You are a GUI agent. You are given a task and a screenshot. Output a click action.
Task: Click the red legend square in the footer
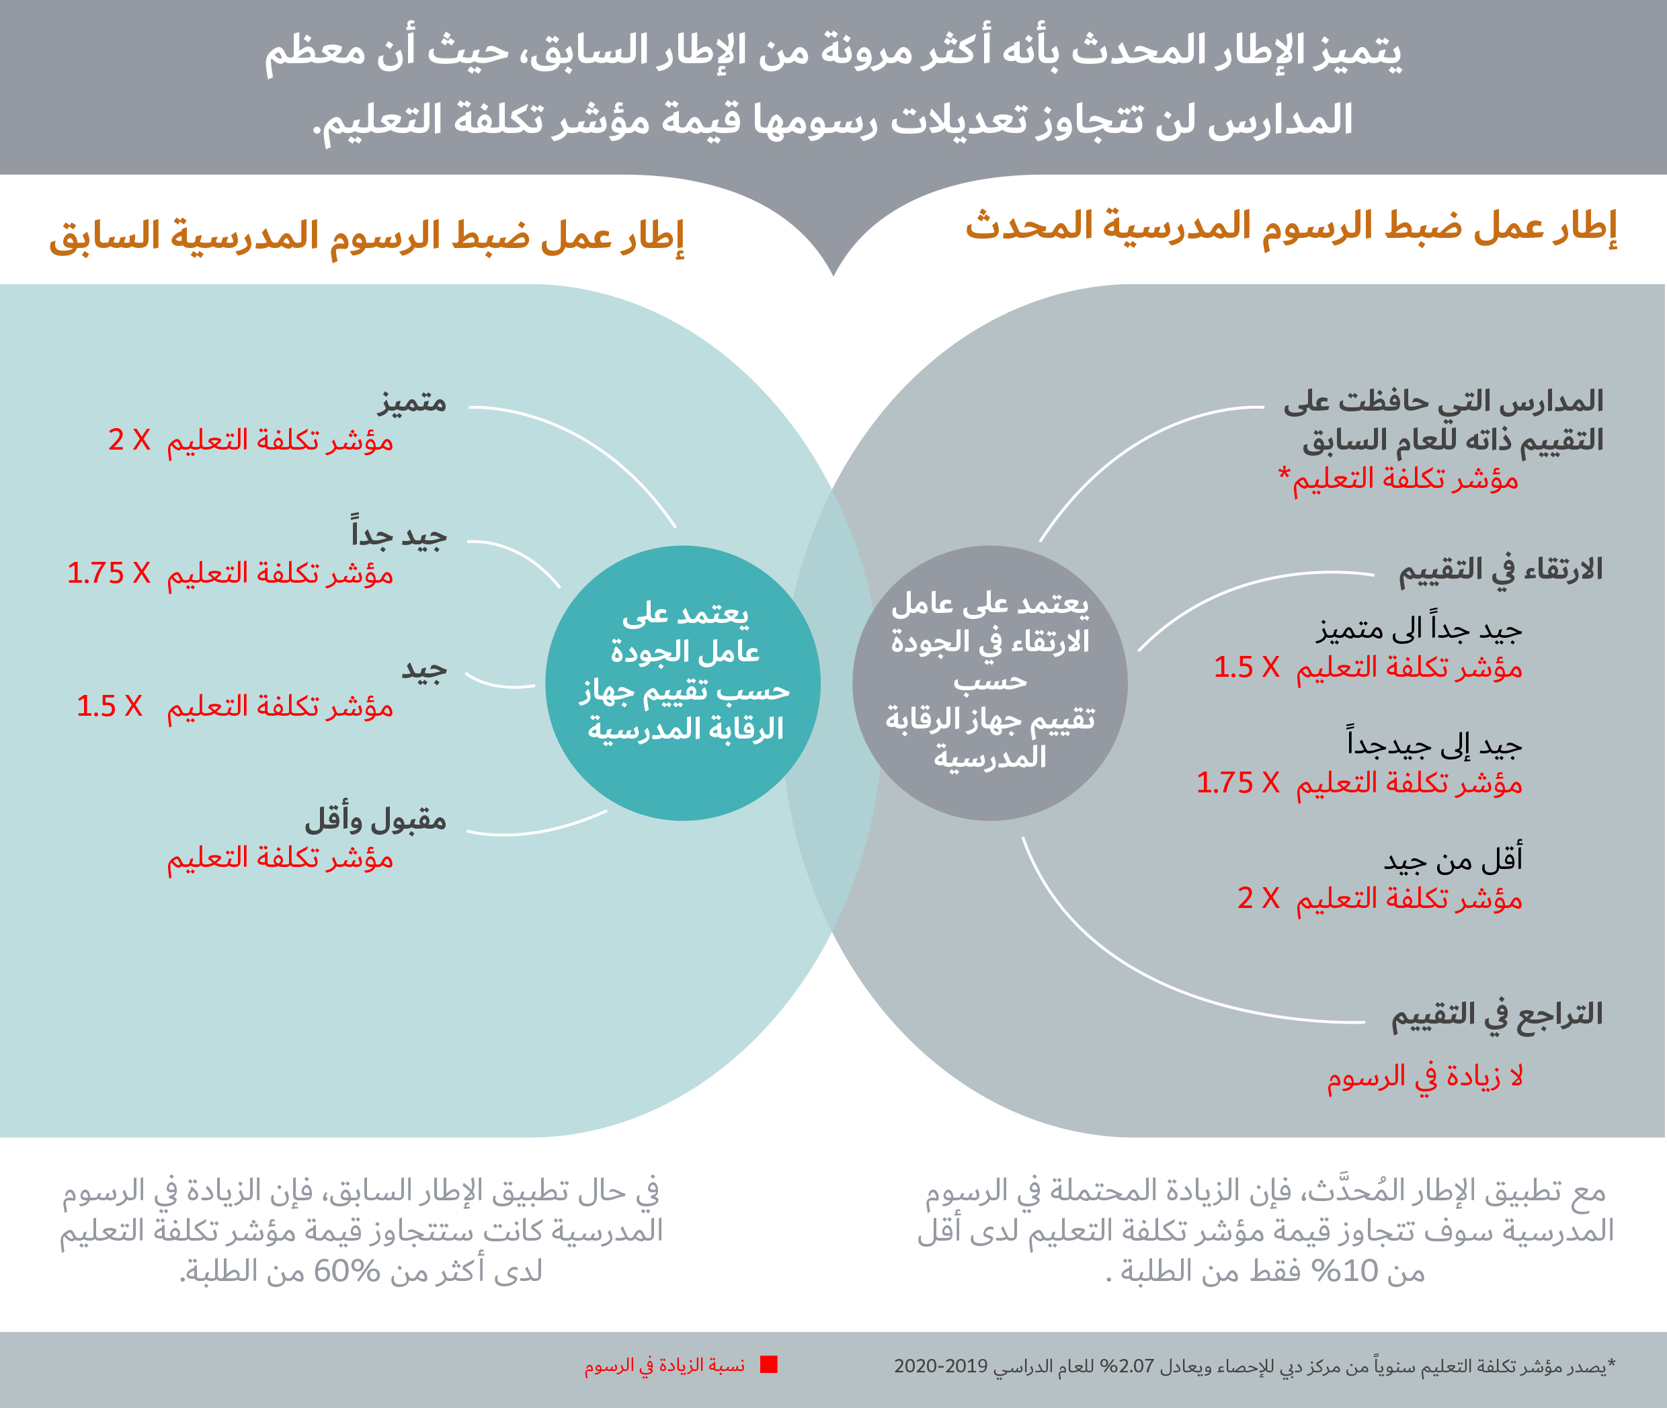[769, 1365]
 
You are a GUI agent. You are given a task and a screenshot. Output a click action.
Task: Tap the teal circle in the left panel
[683, 682]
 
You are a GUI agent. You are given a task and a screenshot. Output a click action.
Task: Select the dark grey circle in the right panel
[989, 682]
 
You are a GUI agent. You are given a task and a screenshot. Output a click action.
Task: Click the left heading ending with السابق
[366, 237]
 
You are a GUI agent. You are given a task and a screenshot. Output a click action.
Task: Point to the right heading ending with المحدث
[1291, 226]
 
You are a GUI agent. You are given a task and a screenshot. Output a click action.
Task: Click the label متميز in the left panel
[412, 401]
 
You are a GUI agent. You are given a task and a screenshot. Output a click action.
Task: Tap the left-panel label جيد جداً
[399, 534]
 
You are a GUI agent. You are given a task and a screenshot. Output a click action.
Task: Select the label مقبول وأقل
[375, 820]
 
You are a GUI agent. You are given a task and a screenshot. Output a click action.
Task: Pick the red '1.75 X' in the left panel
[109, 573]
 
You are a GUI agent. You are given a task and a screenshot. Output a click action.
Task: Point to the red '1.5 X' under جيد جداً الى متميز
[1246, 667]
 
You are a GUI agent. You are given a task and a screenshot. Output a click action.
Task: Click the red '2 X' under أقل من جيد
[1258, 898]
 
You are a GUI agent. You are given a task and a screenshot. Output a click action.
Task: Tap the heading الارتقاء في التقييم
[1500, 571]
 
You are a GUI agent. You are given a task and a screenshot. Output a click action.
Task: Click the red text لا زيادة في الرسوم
[1425, 1077]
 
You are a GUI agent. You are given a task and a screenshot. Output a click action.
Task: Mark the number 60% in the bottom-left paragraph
[346, 1271]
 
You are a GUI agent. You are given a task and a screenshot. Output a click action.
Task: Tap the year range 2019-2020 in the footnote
[940, 1366]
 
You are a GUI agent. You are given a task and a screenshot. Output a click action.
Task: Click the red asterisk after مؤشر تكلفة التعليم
[1285, 473]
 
